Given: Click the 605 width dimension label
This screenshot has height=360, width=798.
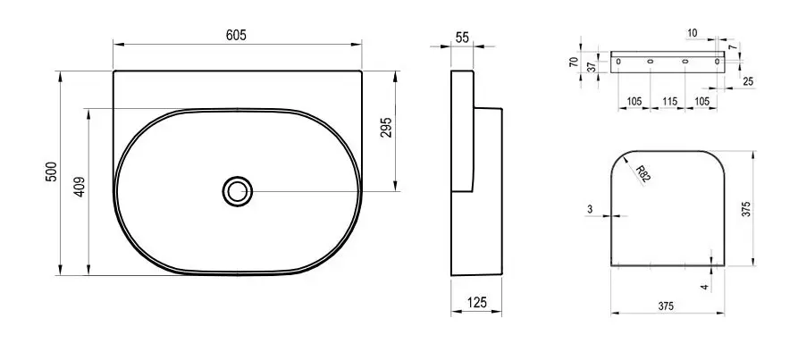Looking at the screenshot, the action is coord(236,35).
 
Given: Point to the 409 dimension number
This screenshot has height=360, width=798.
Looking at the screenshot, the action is coord(80,187).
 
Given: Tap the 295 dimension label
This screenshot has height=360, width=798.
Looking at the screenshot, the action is coord(386,128).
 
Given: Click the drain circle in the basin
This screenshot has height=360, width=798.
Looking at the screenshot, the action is coord(237,192).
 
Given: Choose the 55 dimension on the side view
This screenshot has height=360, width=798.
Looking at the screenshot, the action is coord(462,38).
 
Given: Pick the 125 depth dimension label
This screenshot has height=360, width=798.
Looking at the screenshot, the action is coord(477,303).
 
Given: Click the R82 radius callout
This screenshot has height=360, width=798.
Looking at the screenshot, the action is coord(643,173).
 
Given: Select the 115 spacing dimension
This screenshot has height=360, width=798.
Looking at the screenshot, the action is coord(669,101).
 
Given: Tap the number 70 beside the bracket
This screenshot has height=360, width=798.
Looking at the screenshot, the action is coord(574,62).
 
